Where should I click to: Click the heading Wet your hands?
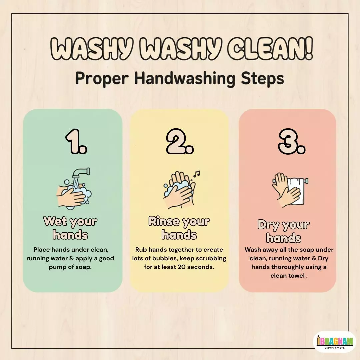70,228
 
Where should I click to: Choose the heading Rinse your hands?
179,228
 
